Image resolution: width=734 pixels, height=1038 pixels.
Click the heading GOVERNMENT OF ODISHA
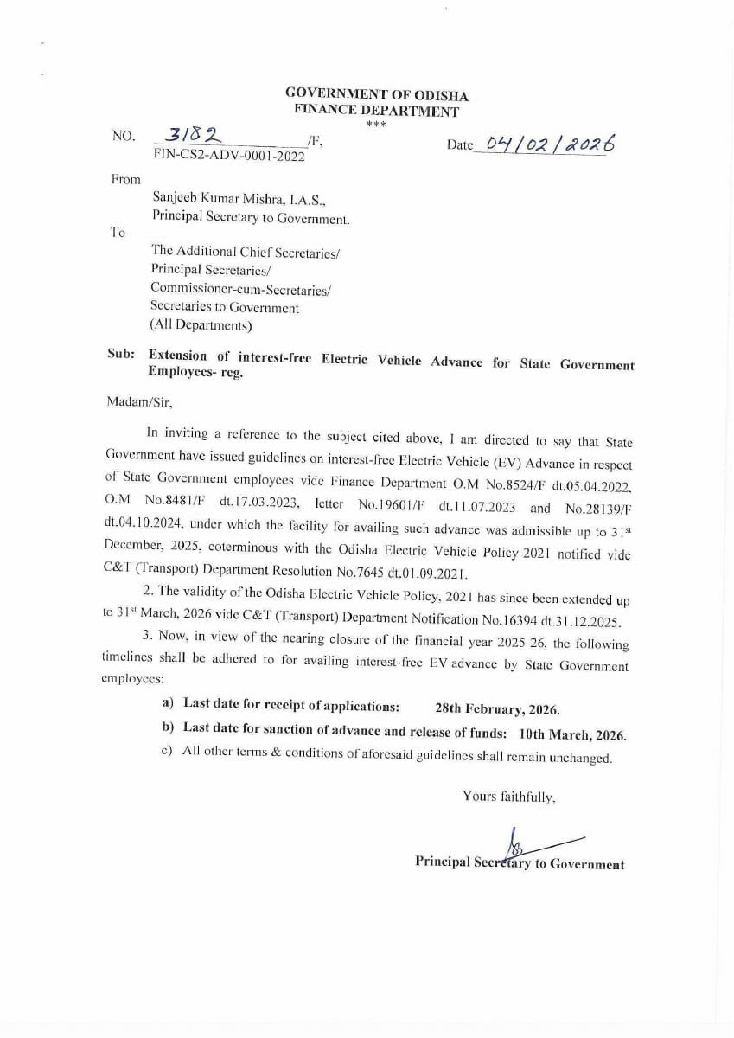(376, 96)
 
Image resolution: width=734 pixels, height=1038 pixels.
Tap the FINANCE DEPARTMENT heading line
(376, 111)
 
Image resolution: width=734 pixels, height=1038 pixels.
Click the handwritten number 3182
(192, 135)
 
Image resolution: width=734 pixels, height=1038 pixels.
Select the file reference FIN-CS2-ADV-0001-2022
(228, 156)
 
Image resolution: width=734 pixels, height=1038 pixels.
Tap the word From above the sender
(126, 179)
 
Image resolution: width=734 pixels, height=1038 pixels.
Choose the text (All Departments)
(201, 325)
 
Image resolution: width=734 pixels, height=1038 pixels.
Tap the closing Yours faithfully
(508, 796)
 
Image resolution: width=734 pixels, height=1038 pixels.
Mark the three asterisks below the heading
(376, 125)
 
